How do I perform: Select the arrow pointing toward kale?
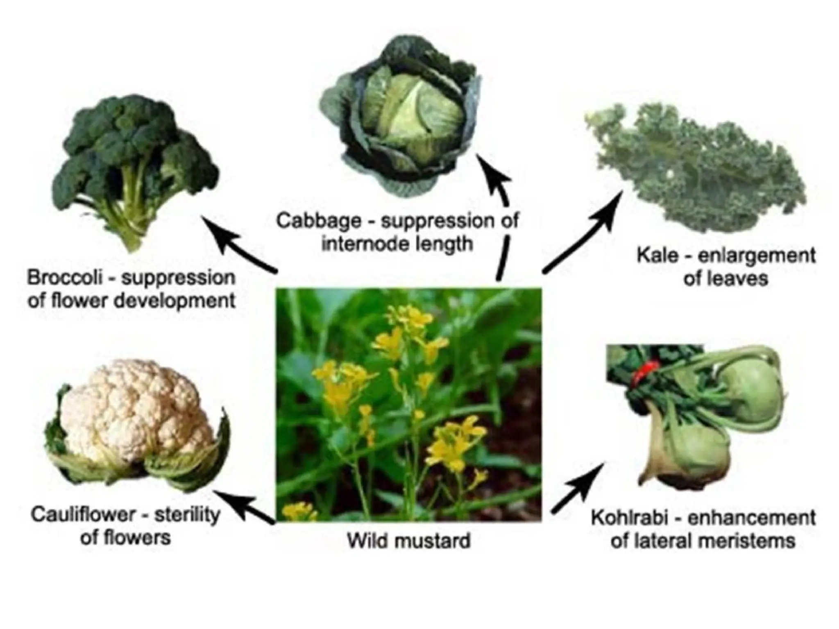pos(582,233)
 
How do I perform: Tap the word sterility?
pos(187,515)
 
